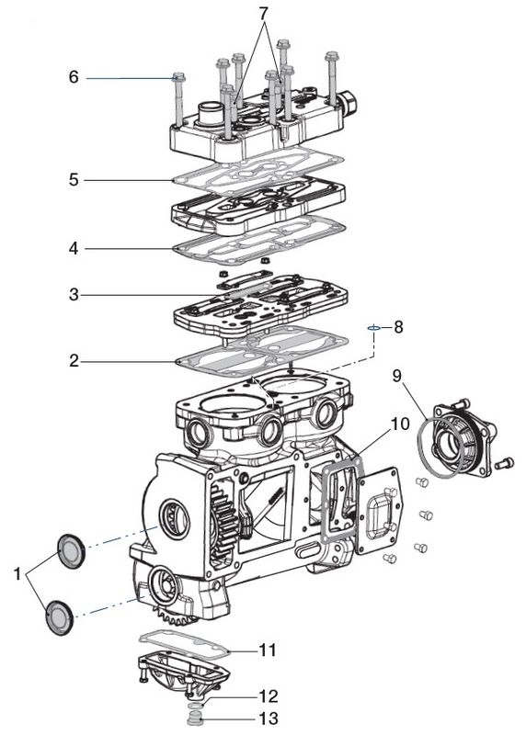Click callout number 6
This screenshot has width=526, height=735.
tap(74, 76)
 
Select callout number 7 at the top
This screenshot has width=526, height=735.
tap(264, 14)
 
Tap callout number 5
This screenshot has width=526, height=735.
tap(74, 179)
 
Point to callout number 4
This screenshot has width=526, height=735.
tap(74, 248)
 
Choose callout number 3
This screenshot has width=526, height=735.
tap(74, 295)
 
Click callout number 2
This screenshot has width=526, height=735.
tap(74, 361)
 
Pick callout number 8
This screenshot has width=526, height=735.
tap(398, 327)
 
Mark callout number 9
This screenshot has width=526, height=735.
tap(397, 376)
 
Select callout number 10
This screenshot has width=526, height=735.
tap(400, 424)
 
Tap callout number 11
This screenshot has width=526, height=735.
tap(268, 650)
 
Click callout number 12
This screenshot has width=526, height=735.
tap(269, 696)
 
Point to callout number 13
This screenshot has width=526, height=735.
tap(269, 718)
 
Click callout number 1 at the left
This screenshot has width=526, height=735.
tap(17, 573)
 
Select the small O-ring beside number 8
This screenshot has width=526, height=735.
tap(373, 328)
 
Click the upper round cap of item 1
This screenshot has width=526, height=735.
tap(72, 551)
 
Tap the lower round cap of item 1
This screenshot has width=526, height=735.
tap(60, 617)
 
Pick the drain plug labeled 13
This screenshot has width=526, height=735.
tap(193, 718)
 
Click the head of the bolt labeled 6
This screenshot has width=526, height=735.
tap(178, 77)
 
